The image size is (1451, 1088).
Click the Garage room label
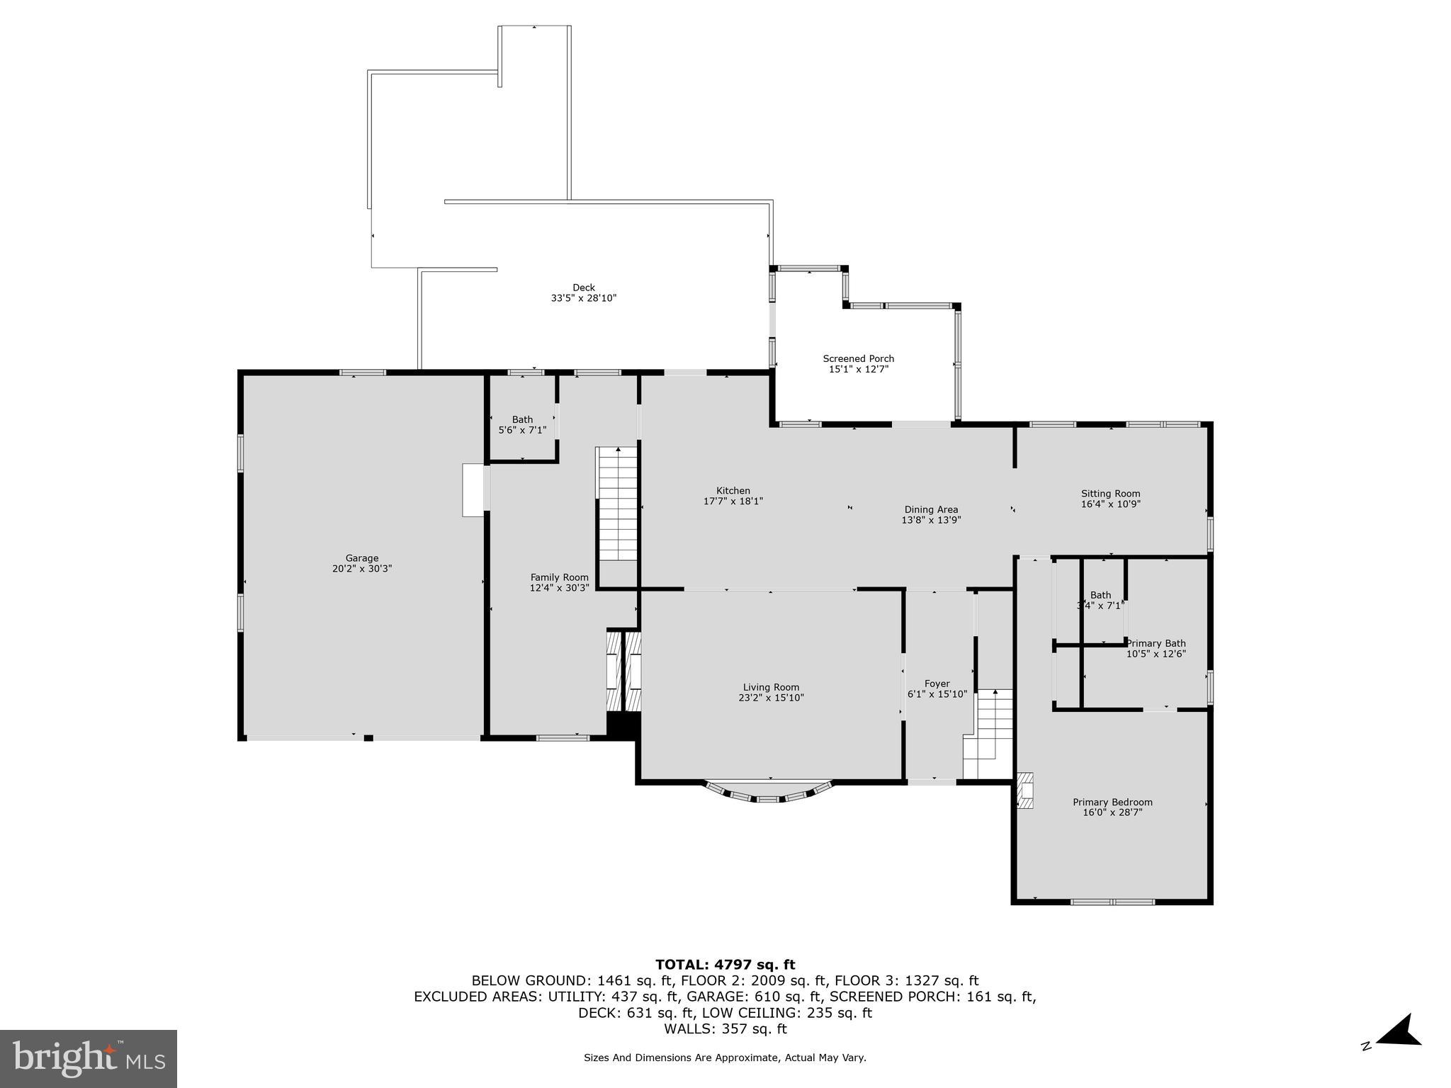pos(362,558)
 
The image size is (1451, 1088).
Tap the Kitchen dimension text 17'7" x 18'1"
pos(733,501)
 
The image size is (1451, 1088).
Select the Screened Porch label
pos(858,358)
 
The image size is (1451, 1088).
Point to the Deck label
pos(584,288)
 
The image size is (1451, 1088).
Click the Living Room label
pos(771,687)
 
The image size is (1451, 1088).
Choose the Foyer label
pos(937,684)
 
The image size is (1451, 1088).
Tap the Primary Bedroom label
pos(1112,803)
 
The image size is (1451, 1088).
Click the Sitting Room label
pos(1110,494)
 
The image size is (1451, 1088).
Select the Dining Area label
pos(931,509)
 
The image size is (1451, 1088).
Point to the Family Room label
pos(559,577)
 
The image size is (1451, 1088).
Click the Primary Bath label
pos(1156,644)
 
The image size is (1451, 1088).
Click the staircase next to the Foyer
pos(988,734)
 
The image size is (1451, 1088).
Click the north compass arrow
pos(1399,1052)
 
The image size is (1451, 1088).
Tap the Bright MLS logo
pos(89,1059)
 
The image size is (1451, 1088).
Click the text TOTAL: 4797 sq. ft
pos(725,964)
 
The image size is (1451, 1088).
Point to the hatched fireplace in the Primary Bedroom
pos(1025,790)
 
